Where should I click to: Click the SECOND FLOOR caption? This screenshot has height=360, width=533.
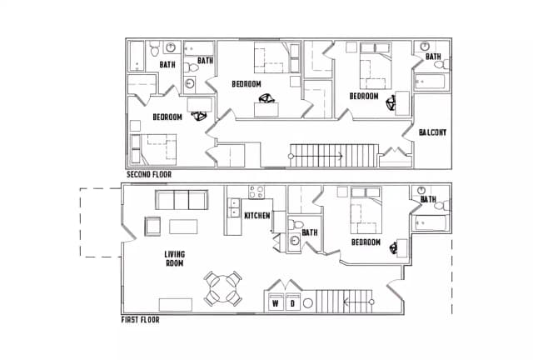point(149,174)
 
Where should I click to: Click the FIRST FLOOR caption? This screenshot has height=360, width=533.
point(140,319)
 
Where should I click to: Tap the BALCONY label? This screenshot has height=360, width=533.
point(432,132)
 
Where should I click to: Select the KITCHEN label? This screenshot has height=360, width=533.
point(257,215)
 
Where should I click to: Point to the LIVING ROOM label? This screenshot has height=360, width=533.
point(174,258)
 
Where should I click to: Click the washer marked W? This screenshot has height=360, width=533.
point(276,302)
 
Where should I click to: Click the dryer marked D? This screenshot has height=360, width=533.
point(292,302)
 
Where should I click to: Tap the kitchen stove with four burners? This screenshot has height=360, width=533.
point(257,192)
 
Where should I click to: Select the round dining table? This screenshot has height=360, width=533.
point(222,289)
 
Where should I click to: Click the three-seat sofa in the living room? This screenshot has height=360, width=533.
point(182,200)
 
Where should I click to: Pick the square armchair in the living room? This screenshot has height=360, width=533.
point(152,227)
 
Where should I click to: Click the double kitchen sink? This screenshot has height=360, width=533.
point(234,207)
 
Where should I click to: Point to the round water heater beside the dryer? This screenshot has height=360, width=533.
point(307,303)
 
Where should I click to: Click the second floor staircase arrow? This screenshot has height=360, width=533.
point(316,156)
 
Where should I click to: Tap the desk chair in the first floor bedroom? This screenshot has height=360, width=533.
point(393,247)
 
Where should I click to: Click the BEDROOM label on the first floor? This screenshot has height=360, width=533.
point(366,242)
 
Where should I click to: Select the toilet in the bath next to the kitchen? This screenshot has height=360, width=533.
point(296,224)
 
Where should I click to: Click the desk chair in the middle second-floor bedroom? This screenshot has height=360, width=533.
point(266,98)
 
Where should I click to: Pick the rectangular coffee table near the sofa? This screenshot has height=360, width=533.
point(183,227)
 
